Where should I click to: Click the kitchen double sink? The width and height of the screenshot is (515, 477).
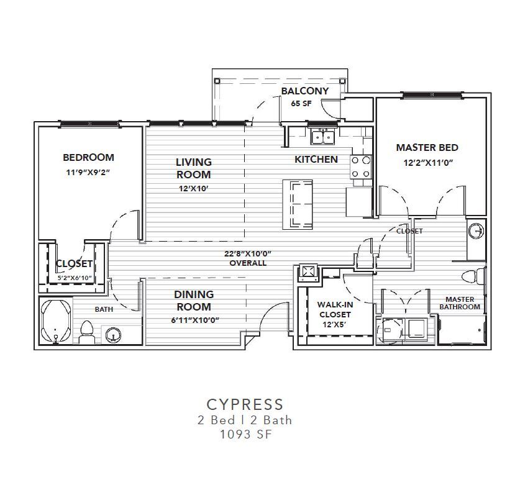[x=323, y=136]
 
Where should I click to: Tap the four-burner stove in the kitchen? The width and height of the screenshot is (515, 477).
[x=361, y=167]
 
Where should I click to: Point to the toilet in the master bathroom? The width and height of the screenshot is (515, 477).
[x=473, y=276]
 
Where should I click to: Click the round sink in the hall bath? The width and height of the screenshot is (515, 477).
[x=113, y=335]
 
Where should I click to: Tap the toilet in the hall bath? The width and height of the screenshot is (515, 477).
[x=87, y=332]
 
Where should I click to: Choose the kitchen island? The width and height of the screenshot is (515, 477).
[x=298, y=204]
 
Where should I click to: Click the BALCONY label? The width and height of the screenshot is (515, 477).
[x=305, y=91]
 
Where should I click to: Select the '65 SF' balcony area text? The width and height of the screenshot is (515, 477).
[x=301, y=103]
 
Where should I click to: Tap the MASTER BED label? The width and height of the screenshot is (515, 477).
[x=427, y=148]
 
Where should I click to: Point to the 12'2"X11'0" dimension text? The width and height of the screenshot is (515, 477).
[x=428, y=163]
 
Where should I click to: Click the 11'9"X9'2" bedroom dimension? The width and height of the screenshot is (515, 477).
[x=88, y=172]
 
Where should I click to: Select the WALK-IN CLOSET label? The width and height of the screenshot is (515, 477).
[x=335, y=309]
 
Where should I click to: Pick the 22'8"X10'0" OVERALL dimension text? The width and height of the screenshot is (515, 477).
[x=248, y=258]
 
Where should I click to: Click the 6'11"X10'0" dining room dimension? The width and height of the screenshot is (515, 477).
[x=195, y=320]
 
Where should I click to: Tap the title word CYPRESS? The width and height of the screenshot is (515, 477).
[x=245, y=404]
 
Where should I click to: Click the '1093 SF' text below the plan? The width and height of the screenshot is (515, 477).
[x=246, y=434]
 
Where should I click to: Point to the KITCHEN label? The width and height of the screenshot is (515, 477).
[x=316, y=160]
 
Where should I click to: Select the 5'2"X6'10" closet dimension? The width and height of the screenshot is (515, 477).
[x=74, y=278]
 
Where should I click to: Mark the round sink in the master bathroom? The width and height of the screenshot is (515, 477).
[x=476, y=231]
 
